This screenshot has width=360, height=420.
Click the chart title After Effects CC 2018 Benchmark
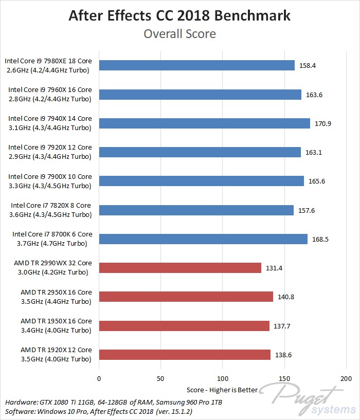point(179,15)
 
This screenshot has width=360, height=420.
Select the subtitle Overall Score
point(179,34)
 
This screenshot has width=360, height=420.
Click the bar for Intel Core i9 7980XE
point(196,65)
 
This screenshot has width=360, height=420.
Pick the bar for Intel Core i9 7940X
point(204,123)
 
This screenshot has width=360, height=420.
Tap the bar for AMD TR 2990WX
point(180,268)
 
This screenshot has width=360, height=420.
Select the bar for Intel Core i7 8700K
point(203,239)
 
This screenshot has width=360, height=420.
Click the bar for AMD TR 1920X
point(185,355)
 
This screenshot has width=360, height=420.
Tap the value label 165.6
point(317,181)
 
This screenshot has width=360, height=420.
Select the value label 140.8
point(286,297)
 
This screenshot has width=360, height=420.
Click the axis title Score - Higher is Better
point(222,390)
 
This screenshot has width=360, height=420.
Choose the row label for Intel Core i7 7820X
point(51,210)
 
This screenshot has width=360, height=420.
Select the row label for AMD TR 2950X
point(56,297)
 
